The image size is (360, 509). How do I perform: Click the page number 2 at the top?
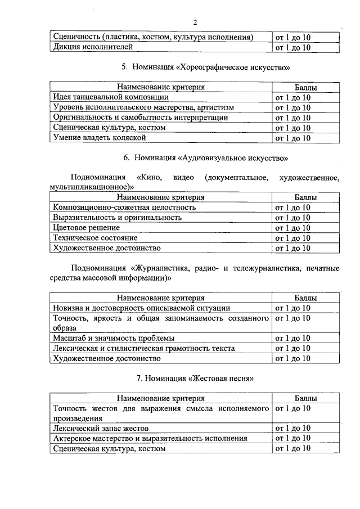[x=195, y=22]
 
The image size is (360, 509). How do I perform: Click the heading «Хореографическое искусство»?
[x=233, y=67]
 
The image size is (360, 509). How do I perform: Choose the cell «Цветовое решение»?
[x=86, y=228]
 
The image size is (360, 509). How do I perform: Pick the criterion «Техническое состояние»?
[x=94, y=238]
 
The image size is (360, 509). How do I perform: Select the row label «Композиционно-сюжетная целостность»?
[x=124, y=208]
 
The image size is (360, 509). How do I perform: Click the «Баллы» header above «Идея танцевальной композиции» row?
[x=305, y=87]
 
